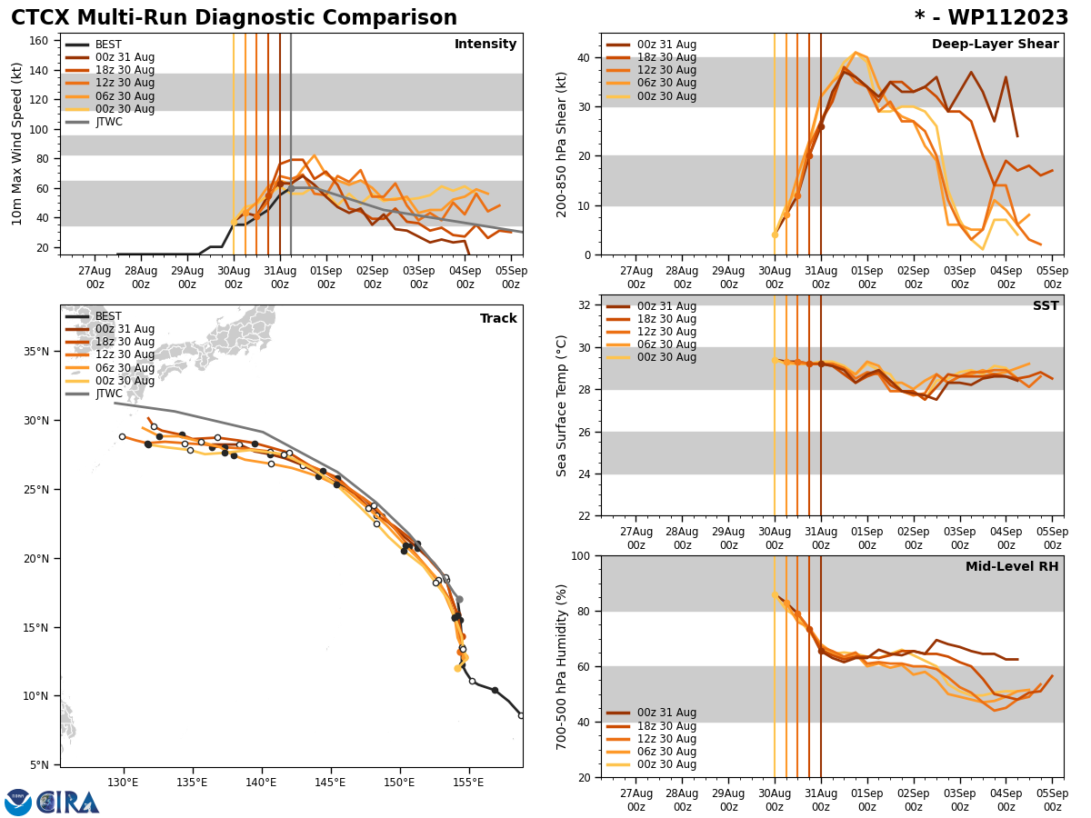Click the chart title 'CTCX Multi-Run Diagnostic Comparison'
pyautogui.click(x=234, y=18)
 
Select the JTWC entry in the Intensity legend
pyautogui.click(x=109, y=122)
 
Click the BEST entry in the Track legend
pyautogui.click(x=108, y=316)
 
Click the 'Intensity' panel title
pyautogui.click(x=485, y=45)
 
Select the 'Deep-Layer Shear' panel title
pyautogui.click(x=995, y=45)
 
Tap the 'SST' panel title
pyautogui.click(x=1046, y=306)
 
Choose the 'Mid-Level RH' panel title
pyautogui.click(x=1012, y=567)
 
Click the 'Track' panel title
pyautogui.click(x=498, y=319)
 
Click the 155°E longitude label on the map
pyautogui.click(x=468, y=783)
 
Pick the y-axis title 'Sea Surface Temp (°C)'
pyautogui.click(x=562, y=405)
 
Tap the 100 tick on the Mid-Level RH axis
pyautogui.click(x=583, y=555)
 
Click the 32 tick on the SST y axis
pyautogui.click(x=586, y=305)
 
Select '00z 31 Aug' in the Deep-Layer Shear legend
pyautogui.click(x=666, y=45)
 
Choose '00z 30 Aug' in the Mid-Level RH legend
pyautogui.click(x=666, y=764)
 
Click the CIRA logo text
pyautogui.click(x=68, y=803)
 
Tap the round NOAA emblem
pyautogui.click(x=18, y=803)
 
